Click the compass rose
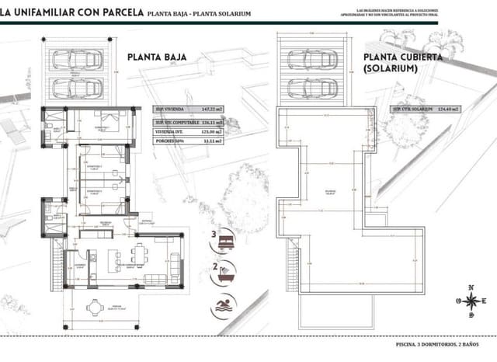[x=471, y=303]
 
